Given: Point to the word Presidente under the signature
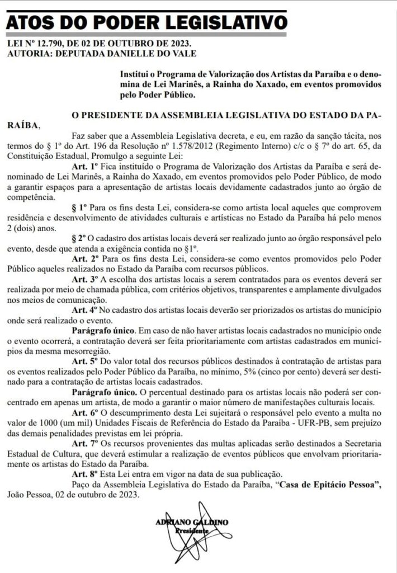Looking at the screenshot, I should click(x=192, y=530).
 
